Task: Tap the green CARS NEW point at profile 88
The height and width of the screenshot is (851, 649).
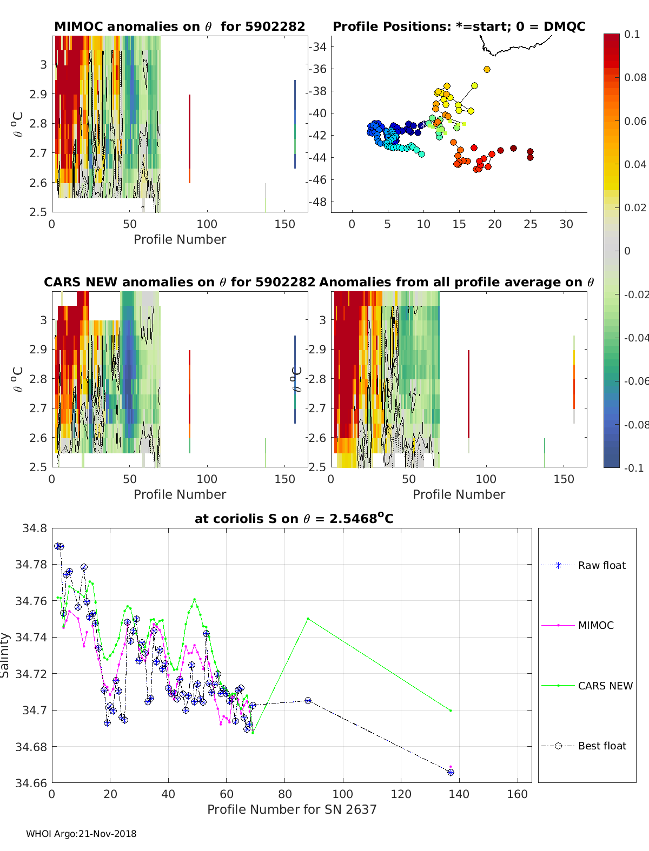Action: coord(308,619)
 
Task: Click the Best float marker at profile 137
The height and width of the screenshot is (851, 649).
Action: coord(451,773)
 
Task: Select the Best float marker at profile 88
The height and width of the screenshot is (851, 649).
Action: coord(308,700)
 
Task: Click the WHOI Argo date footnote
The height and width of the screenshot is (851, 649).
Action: coord(81,834)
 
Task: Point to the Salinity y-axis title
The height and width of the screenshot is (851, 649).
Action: coord(5,655)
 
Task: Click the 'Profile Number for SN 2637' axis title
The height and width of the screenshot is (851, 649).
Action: coord(292,809)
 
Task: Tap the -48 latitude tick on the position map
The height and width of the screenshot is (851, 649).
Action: coord(319,202)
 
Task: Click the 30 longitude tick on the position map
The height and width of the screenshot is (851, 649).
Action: coord(566,224)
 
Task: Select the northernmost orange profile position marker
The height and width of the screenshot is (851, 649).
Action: coord(487,69)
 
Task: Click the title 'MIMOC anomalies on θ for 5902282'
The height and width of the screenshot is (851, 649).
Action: coord(180,26)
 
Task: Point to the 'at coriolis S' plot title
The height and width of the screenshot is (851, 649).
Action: coord(294,519)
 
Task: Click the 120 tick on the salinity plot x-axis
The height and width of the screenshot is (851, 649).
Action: coord(401,794)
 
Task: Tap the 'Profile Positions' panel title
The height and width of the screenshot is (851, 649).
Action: coord(459,26)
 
